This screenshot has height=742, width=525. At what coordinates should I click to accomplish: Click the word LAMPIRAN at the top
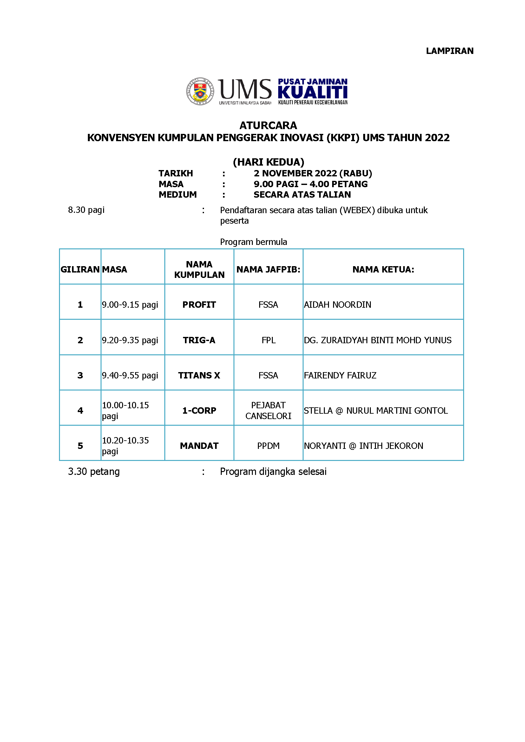coord(450,51)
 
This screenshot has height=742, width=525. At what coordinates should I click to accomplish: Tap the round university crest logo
coord(200,91)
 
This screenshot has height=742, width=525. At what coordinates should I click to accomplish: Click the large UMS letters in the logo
coord(245,89)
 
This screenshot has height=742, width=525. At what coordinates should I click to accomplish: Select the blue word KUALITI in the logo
coord(312,92)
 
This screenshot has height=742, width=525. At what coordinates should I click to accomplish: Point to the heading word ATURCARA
coord(268,125)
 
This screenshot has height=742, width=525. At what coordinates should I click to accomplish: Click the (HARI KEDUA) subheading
coord(268,162)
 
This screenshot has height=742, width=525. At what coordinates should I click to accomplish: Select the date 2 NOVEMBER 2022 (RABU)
coord(312,174)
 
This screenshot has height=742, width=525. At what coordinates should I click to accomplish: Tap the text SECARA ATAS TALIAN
coord(302,195)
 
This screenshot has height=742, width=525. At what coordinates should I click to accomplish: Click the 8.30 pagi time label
coord(86,210)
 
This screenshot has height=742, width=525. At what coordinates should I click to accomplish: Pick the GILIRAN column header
coord(80,269)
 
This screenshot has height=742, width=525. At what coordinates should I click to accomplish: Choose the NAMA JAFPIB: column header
coord(268,269)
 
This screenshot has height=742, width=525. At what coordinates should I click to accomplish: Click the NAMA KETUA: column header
coord(383,269)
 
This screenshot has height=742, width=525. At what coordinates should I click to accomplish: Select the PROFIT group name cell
coord(199,305)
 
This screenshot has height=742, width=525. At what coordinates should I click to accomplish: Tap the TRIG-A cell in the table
coord(199,340)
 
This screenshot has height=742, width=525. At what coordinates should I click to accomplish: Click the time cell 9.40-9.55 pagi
coord(130,375)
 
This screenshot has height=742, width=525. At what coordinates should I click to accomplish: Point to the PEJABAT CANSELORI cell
coord(268,410)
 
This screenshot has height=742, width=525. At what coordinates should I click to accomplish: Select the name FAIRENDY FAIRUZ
coord(340,375)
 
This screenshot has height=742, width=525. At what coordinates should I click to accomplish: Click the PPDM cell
coord(268,446)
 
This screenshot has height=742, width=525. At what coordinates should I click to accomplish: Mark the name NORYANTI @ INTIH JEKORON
coord(363,446)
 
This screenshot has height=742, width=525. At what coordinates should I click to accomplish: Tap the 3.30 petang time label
coord(94,472)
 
